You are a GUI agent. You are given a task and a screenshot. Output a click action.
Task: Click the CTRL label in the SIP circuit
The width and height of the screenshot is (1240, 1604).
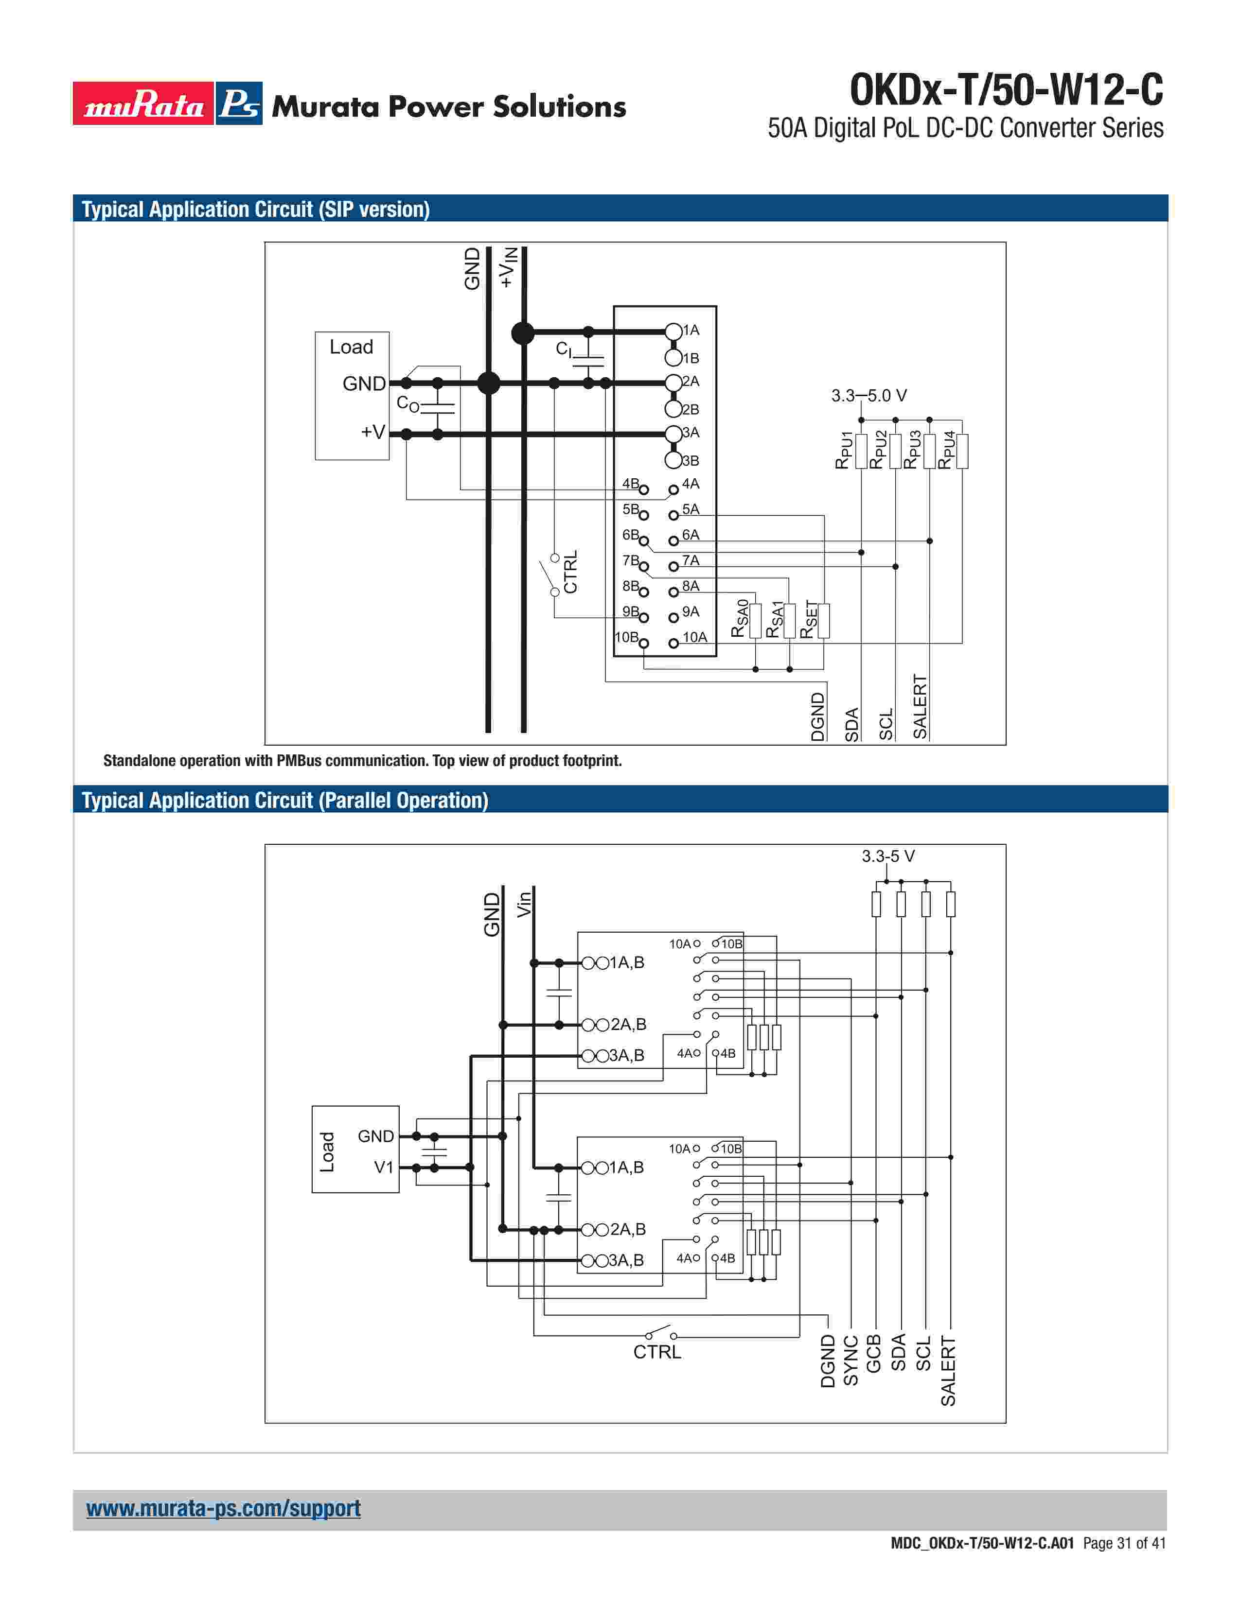click(x=571, y=572)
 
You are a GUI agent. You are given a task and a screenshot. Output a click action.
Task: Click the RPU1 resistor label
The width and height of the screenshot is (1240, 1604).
click(x=844, y=450)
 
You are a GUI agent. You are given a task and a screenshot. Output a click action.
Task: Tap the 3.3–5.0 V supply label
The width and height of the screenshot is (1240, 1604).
click(x=868, y=396)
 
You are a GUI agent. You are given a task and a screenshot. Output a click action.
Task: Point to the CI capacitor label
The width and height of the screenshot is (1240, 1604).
click(x=564, y=349)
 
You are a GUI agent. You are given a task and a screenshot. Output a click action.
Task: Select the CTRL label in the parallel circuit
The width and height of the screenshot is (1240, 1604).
click(x=657, y=1352)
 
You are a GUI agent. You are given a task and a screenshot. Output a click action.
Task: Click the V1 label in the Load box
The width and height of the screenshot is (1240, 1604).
click(x=384, y=1167)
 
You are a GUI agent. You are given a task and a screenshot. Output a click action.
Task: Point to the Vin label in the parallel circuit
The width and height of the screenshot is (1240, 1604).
click(x=524, y=904)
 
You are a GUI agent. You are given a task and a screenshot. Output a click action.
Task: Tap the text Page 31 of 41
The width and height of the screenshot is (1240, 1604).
click(x=1124, y=1543)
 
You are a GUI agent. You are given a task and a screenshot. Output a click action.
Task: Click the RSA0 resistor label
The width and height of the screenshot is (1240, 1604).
click(x=740, y=618)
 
